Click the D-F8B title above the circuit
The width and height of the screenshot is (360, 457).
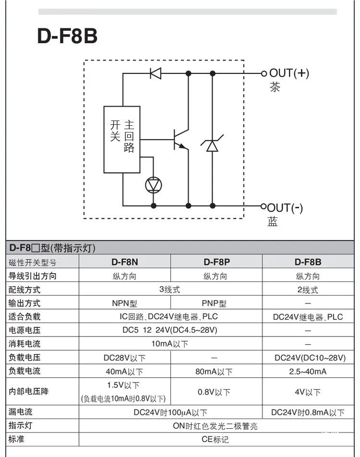click(x=67, y=36)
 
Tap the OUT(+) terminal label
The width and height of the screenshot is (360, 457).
click(x=289, y=73)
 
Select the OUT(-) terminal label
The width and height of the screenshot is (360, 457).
click(x=285, y=208)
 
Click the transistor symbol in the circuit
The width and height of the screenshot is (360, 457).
click(x=181, y=140)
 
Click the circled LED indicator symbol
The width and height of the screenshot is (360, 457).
click(x=153, y=185)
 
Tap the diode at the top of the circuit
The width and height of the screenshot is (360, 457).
click(x=156, y=73)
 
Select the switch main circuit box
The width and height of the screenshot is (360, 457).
click(x=122, y=140)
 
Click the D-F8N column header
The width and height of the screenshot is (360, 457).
click(x=125, y=262)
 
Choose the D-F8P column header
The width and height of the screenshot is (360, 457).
click(x=216, y=262)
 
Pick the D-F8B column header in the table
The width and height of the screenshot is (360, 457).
click(x=308, y=262)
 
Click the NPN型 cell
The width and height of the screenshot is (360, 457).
click(x=124, y=303)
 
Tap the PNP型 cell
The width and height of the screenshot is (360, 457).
click(x=214, y=303)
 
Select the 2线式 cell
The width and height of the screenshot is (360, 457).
click(x=308, y=290)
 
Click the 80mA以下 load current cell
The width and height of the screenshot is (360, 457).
click(x=214, y=372)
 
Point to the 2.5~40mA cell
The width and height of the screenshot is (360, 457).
click(x=308, y=372)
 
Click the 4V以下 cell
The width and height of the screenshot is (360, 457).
click(x=308, y=392)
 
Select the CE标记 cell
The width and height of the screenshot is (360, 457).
click(x=216, y=439)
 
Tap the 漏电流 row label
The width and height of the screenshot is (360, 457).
click(x=21, y=412)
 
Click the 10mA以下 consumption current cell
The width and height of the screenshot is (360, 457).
click(x=169, y=344)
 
